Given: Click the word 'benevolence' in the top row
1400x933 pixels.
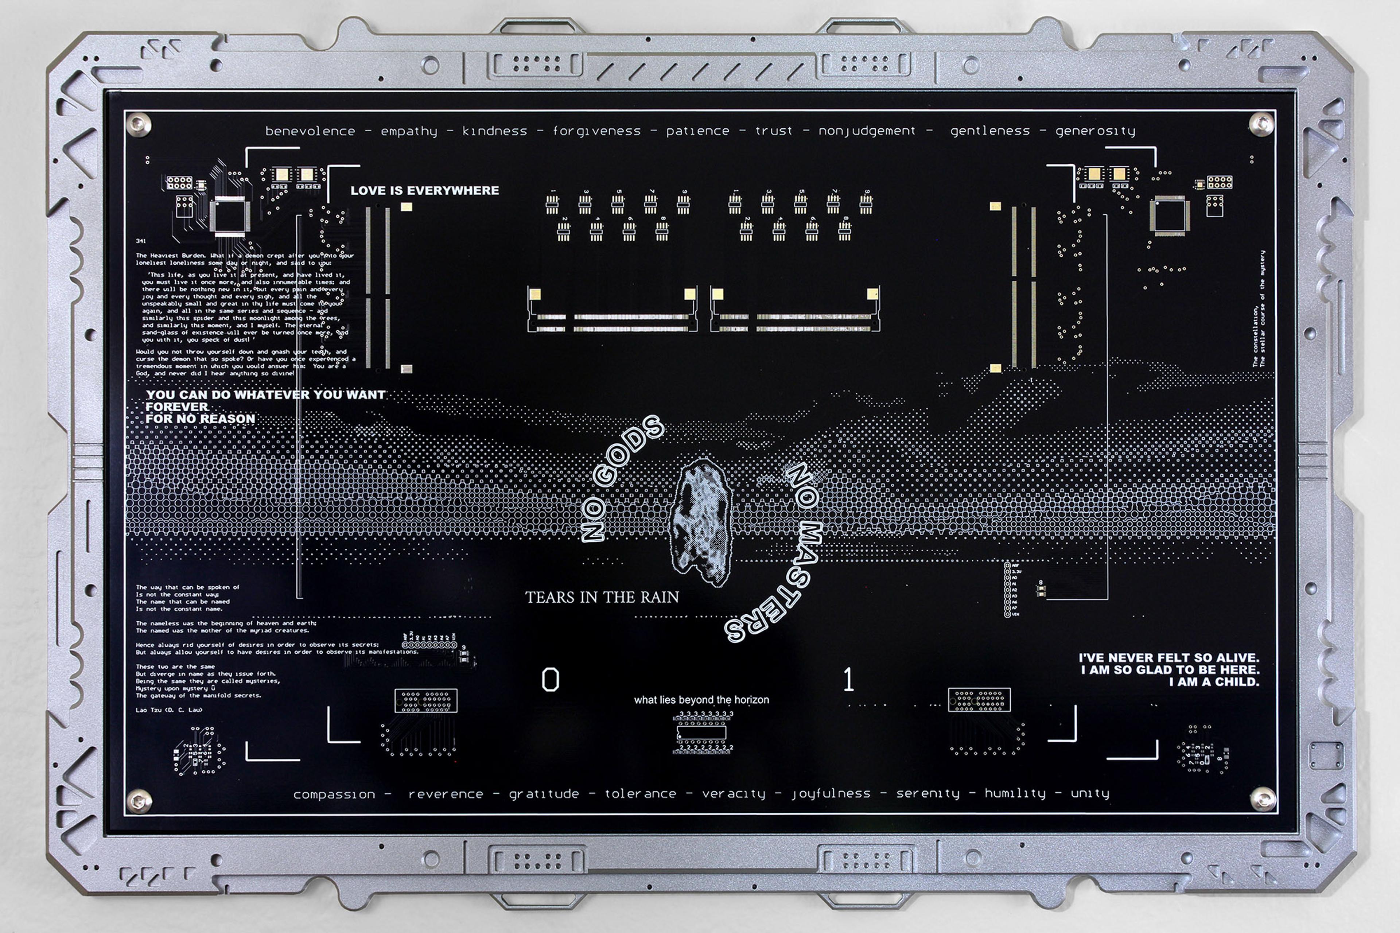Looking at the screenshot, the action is coord(310,131).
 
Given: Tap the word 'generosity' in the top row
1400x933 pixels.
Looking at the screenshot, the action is coord(1095,131).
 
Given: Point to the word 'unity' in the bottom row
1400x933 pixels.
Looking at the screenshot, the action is coord(1090,793).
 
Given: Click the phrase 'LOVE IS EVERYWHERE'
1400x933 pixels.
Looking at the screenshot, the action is coord(424,190).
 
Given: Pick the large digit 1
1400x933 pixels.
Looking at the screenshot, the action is coord(848,680).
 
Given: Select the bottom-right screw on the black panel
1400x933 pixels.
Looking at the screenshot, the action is coord(1261,798).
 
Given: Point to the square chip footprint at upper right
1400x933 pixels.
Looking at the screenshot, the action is coord(1170,215).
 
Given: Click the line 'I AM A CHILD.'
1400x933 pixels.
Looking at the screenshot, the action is coord(1214,682).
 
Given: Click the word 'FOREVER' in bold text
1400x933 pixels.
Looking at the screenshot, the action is coord(177,407).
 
